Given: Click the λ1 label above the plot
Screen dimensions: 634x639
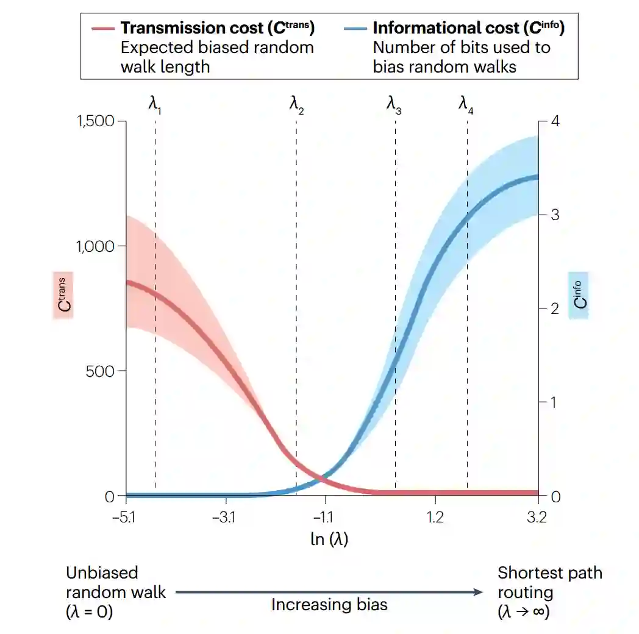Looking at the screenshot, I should [155, 104].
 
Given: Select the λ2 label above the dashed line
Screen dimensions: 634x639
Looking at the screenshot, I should [296, 104].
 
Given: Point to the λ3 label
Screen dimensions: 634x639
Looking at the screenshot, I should [394, 104].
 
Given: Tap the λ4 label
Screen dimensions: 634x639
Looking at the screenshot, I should [466, 104].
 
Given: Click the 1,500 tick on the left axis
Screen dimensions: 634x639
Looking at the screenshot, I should [95, 121].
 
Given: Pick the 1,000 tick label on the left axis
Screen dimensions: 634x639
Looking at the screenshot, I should [95, 246].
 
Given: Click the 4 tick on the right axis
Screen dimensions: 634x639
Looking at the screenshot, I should [554, 121].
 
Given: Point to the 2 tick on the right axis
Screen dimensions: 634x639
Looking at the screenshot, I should [554, 308].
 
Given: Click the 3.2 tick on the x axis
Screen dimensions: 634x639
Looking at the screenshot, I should [537, 518].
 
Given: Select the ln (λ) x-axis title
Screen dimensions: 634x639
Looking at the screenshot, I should [329, 539].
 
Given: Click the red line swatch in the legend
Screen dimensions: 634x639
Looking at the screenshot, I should [103, 29].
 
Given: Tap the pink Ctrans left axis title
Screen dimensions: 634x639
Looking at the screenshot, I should [63, 296].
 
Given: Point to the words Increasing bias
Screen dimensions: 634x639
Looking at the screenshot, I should [329, 605].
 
